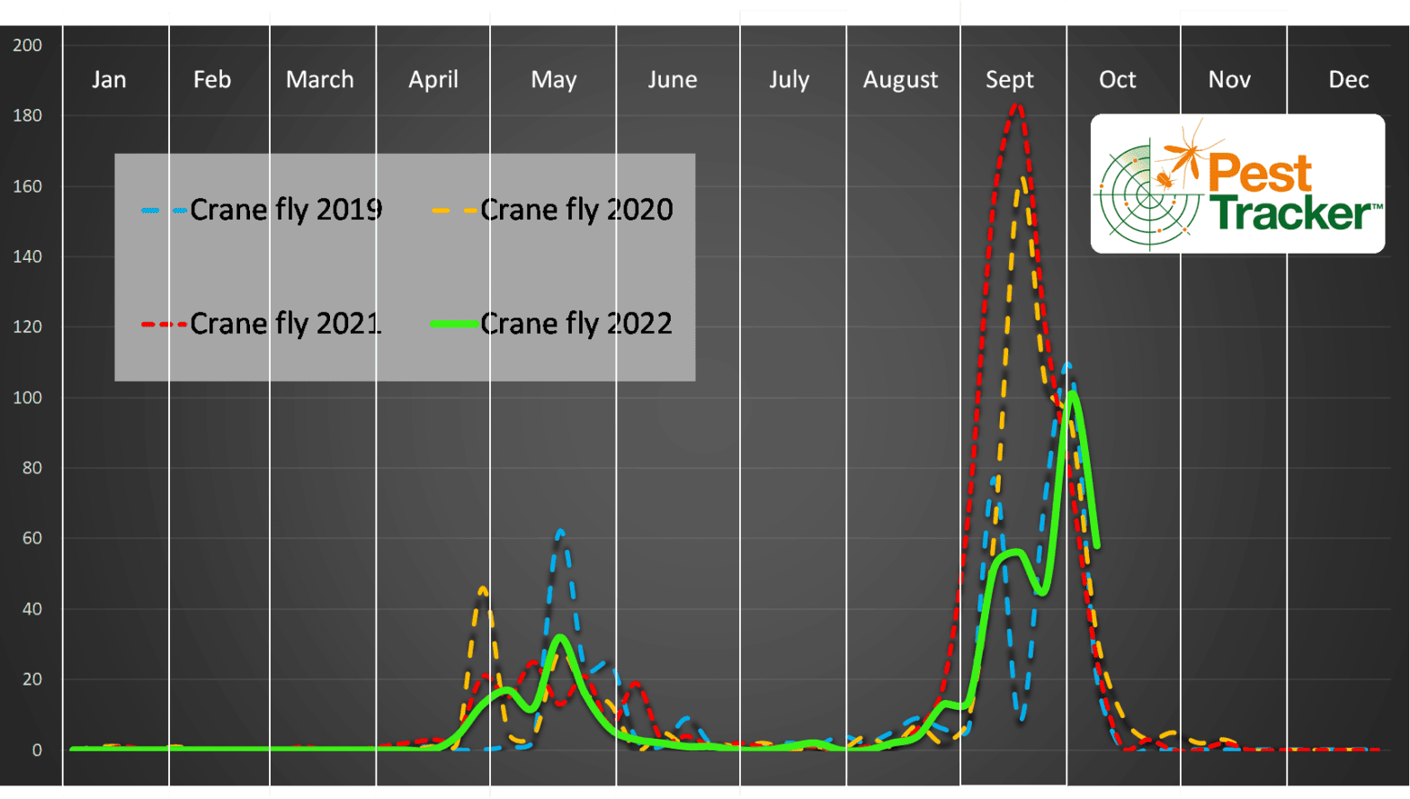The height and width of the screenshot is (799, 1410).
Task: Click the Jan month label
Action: point(109,80)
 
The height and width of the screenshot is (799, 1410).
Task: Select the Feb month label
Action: point(212,80)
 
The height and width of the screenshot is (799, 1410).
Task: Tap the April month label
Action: point(433,80)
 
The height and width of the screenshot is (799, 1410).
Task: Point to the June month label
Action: point(673,80)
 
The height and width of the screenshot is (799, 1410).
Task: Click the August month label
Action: point(900,80)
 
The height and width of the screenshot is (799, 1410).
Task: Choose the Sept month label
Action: point(1010,80)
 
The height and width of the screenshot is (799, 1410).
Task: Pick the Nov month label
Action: point(1229,80)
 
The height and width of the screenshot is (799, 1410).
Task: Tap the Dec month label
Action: point(1349,80)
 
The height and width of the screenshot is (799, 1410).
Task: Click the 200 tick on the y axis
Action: point(28,45)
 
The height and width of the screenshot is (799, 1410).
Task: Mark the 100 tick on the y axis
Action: point(28,398)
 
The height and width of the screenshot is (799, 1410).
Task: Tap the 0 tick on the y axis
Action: point(37,750)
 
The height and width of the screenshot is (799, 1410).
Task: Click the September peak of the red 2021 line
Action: point(1016,105)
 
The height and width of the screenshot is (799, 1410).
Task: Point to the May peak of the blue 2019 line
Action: point(560,532)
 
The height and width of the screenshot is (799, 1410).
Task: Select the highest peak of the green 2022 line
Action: point(1072,393)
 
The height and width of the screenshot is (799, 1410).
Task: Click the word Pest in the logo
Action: point(1259,173)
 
